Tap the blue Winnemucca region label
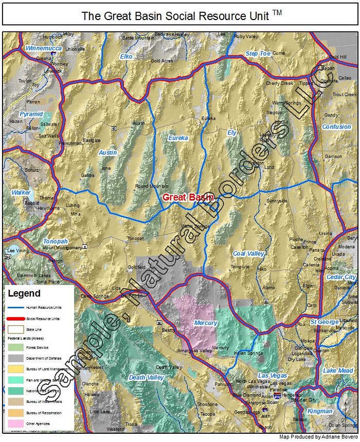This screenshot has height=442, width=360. tap(44, 48)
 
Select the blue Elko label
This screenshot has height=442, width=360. tap(126, 56)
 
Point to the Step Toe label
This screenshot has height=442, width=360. tap(258, 54)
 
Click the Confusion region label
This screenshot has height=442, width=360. tap(336, 127)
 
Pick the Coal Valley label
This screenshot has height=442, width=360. tap(248, 254)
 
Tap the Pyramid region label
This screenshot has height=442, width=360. tap(31, 113)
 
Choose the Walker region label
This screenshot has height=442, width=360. tap(21, 192)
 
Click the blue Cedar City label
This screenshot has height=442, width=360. tap(341, 277)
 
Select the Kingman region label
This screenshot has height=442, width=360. tap(319, 411)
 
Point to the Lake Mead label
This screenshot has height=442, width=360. tap(338, 370)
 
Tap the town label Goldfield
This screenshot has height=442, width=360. tap(137, 268)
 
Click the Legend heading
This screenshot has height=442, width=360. tap(24, 294)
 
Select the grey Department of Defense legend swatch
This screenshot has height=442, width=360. tap(16, 357)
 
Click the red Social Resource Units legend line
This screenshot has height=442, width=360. tap(16, 319)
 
